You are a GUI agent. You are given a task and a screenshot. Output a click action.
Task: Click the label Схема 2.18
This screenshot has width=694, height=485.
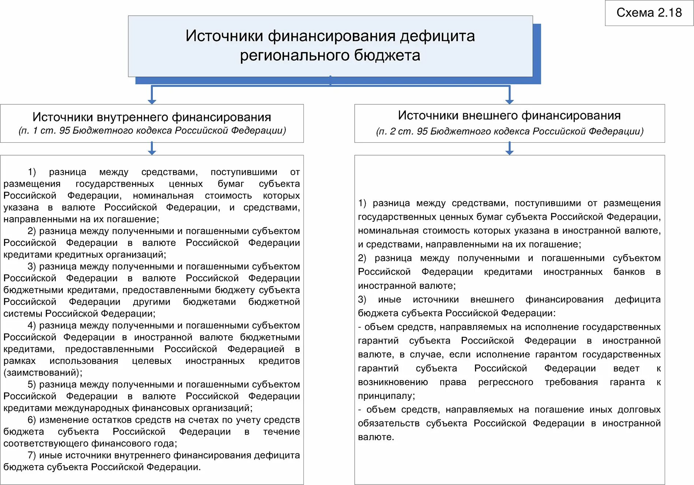point(649,13)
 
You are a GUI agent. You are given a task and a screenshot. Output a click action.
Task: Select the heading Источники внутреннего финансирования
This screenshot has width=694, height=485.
point(152,117)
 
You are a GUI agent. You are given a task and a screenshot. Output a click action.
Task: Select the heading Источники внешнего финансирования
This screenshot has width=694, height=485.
point(509,116)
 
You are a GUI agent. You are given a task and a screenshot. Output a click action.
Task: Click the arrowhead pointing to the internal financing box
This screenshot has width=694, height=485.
point(152,101)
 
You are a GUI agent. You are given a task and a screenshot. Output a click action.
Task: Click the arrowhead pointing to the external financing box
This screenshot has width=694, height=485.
point(509,101)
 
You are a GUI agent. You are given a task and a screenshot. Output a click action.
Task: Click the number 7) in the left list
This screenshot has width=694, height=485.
point(32,455)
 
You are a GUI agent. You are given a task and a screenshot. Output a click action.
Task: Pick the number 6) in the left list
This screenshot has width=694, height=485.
point(32,420)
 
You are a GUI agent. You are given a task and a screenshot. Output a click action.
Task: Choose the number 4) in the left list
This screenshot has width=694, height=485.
point(32,325)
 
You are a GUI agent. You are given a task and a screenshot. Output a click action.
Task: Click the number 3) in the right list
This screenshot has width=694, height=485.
point(362,299)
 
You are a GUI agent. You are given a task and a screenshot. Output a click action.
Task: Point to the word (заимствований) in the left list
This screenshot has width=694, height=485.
point(42,373)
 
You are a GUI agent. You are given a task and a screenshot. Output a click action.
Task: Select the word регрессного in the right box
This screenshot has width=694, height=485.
point(505,382)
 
